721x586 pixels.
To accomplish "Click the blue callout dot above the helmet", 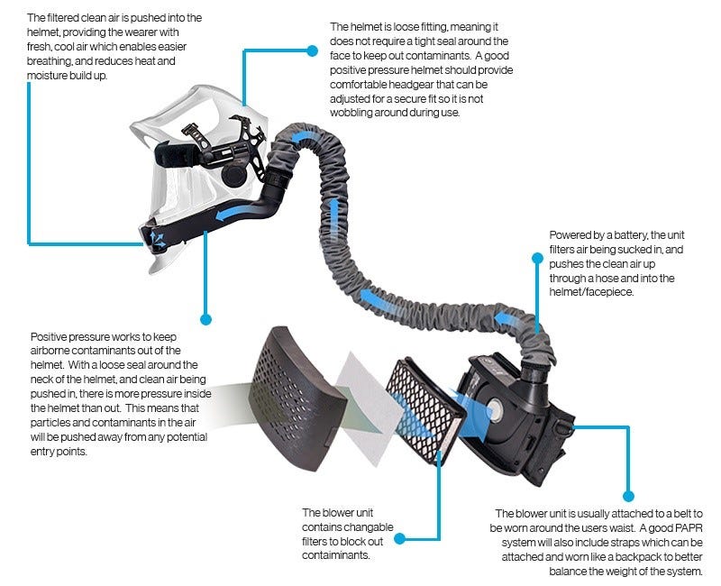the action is [x=312, y=50].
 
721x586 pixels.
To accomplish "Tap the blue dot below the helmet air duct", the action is [x=206, y=319].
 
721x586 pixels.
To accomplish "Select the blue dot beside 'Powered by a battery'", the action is [x=537, y=258].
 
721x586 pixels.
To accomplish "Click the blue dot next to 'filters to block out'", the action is [x=400, y=538].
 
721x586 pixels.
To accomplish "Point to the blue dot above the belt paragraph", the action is [x=628, y=496].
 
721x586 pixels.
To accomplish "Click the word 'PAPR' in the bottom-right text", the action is [x=689, y=528].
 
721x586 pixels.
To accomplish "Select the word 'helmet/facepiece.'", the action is [x=591, y=292].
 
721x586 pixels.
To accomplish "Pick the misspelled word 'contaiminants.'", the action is [x=335, y=555].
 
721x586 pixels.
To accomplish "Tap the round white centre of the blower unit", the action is [x=494, y=409].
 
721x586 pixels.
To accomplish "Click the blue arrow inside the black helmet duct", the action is [x=233, y=212].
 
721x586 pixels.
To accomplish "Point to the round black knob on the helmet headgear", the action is [x=234, y=175].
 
